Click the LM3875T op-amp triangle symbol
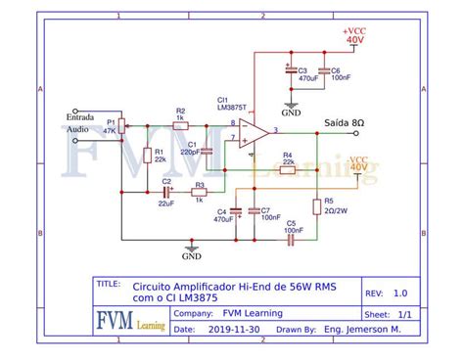pos(255,136)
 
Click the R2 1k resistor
pos(180,125)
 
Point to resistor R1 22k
pos(147,154)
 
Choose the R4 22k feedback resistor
pos(287,169)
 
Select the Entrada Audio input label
pos(80,122)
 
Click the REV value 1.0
pos(400,292)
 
